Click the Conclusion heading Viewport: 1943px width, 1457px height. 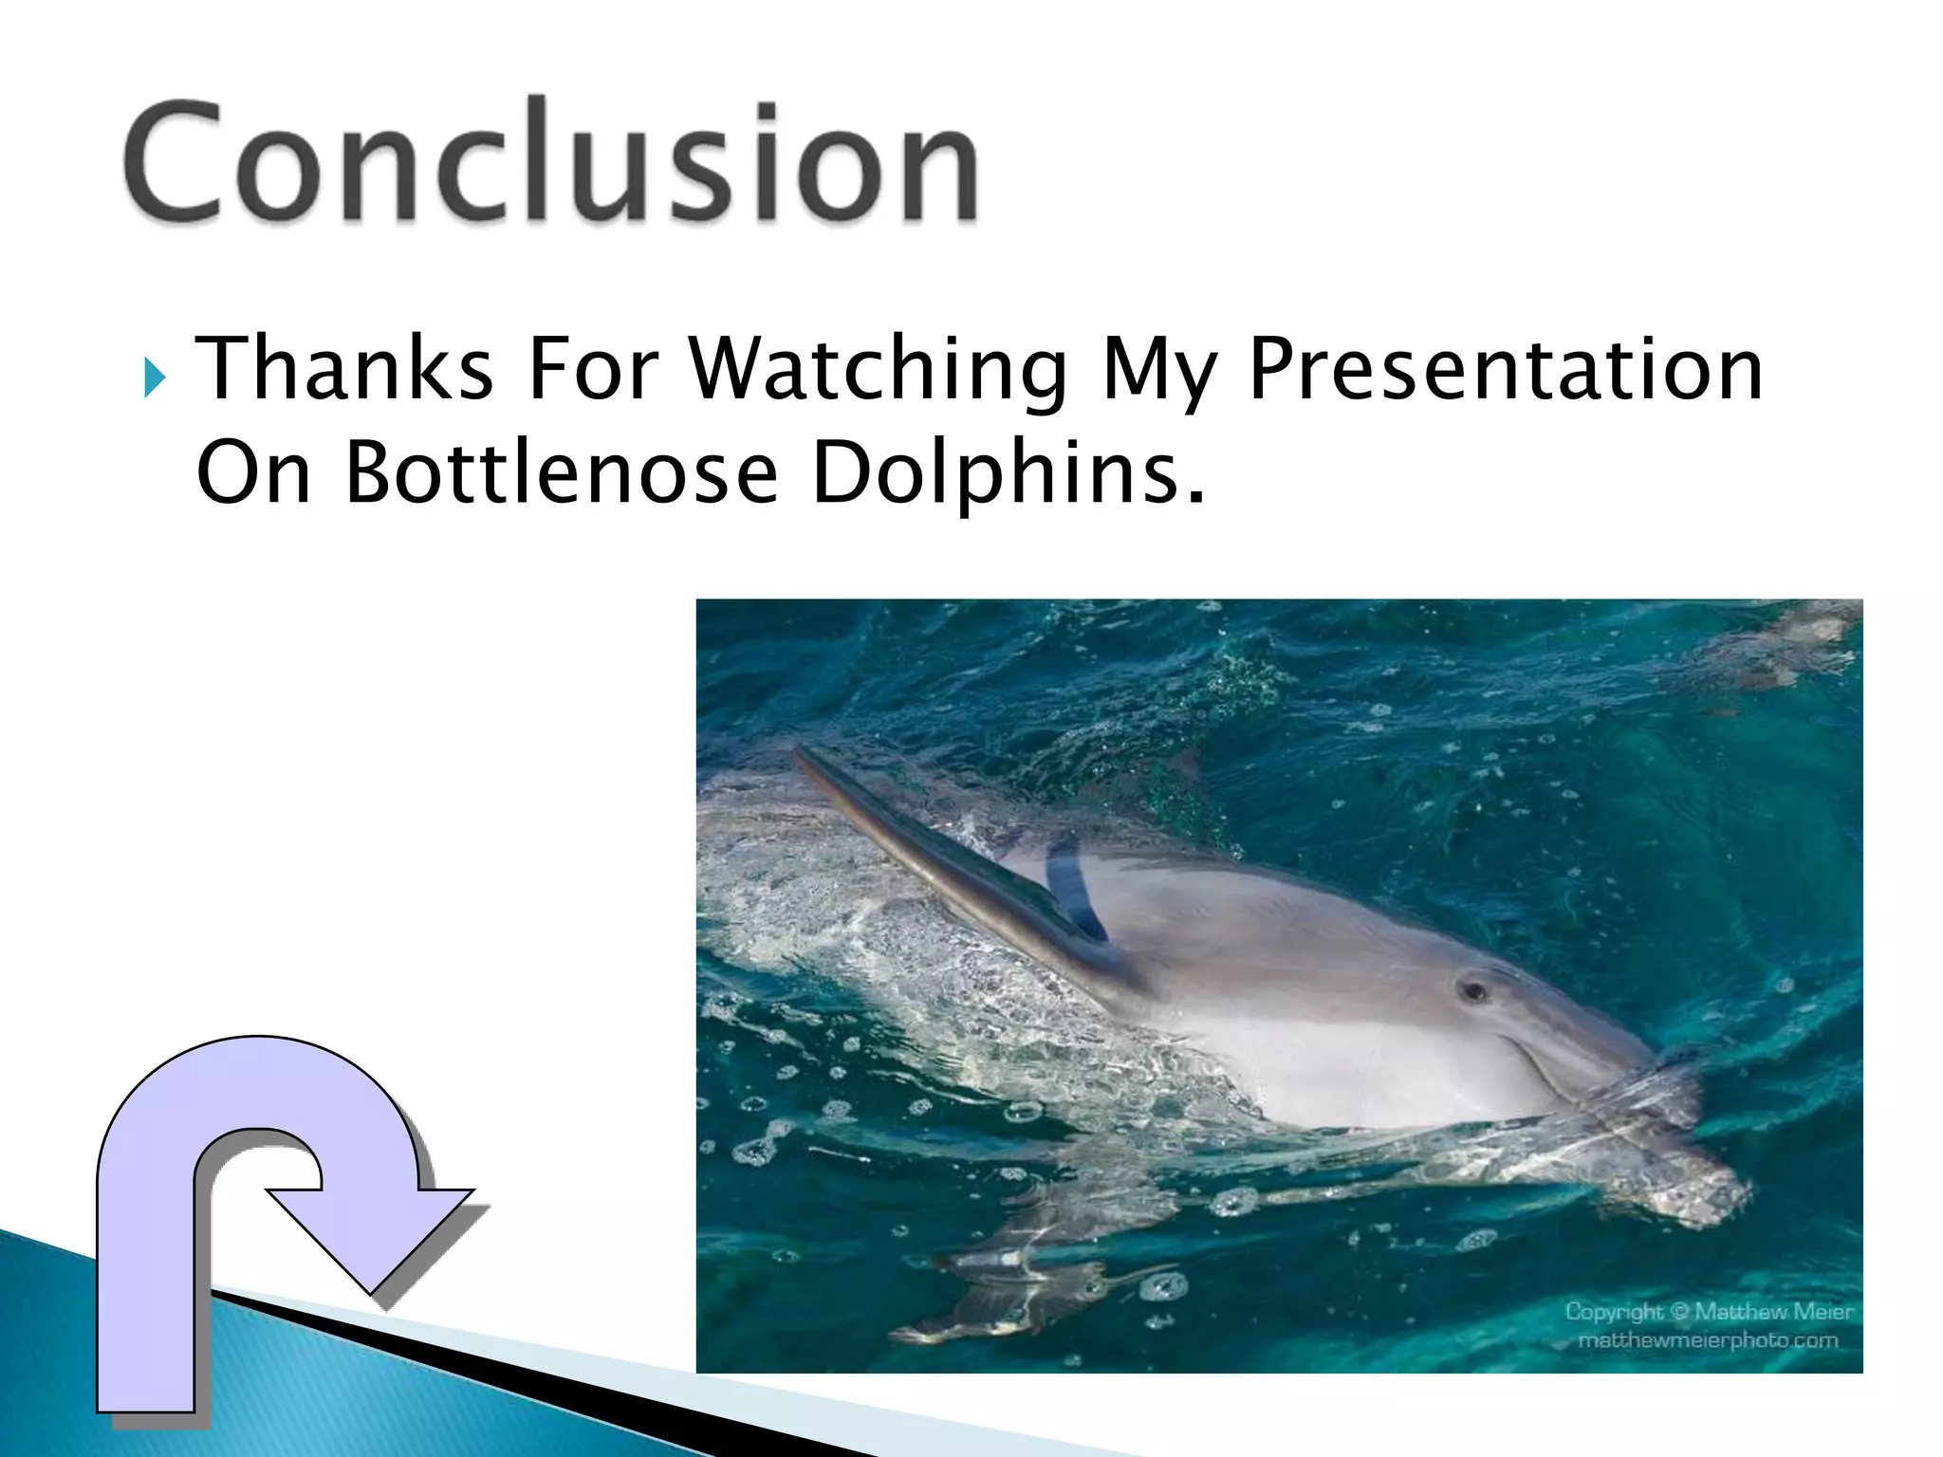click(550, 161)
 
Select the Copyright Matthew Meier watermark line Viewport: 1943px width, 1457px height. click(1708, 1312)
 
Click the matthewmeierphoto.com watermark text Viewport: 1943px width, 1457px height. click(1708, 1340)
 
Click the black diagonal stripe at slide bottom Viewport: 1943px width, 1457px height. click(569, 1385)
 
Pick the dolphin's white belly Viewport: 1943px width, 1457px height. click(1328, 1072)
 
